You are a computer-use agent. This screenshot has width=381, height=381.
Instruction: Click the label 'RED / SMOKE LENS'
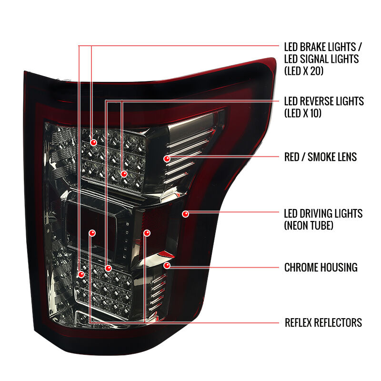321,157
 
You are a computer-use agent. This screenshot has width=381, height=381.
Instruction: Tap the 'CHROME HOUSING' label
321,267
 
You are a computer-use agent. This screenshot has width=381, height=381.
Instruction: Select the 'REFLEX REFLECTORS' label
323,323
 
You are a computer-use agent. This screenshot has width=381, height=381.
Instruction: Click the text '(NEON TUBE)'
309,225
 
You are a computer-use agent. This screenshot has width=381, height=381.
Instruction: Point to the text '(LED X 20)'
304,70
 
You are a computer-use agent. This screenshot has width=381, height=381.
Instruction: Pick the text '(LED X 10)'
303,113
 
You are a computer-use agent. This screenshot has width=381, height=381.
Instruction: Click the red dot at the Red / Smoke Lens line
167,159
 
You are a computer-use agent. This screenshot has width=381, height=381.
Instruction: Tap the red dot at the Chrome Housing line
167,265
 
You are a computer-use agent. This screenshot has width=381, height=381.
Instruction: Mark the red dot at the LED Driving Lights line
185,214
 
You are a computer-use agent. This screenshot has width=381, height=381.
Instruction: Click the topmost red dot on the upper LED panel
93,142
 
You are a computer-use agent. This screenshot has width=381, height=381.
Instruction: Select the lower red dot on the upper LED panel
124,174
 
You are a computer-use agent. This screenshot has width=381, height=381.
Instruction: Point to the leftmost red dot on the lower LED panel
81,275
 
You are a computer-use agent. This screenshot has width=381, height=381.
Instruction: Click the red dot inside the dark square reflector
92,233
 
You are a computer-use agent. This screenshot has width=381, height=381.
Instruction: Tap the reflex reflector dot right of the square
147,233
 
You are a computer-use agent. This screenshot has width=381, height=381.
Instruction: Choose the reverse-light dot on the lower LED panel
108,268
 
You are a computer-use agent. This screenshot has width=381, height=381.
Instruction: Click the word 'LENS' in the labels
346,157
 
